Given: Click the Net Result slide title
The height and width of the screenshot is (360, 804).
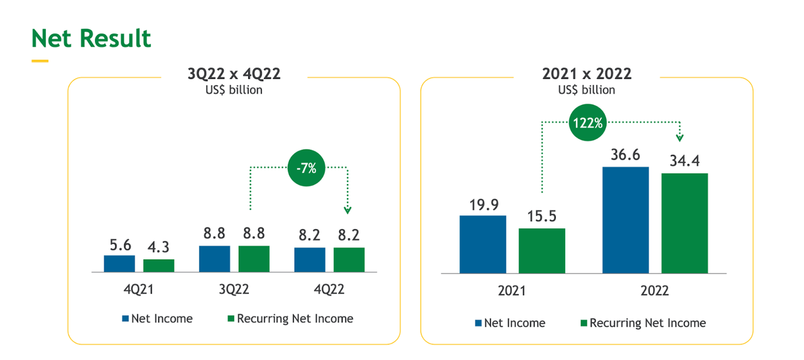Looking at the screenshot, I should point(92,39).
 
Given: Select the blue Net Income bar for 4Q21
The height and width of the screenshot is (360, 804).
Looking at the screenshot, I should point(119,263).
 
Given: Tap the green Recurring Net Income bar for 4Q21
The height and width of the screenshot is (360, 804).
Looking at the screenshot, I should point(159,265).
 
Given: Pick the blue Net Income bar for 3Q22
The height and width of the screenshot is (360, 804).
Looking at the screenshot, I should point(215,258).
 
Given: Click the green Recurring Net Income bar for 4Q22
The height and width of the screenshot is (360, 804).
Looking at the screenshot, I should point(349,259).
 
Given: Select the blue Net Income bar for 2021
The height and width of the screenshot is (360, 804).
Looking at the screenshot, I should point(483,244).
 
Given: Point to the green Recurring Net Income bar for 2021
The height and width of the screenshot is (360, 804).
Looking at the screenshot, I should point(542,250).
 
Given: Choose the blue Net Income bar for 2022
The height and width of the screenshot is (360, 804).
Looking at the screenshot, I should point(626,220).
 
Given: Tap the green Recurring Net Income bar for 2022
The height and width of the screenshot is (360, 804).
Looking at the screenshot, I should point(685,223).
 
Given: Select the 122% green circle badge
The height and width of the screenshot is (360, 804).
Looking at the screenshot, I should point(587,123).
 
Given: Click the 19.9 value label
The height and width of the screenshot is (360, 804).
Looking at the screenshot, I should point(483,204).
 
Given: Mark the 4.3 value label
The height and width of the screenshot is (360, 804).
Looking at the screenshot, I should point(158,248).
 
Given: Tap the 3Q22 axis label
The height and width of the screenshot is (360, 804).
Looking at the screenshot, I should point(233,290).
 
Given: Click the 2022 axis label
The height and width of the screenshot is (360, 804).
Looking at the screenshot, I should point(655,292).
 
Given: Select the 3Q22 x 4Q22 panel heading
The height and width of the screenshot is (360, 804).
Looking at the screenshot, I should point(234,74).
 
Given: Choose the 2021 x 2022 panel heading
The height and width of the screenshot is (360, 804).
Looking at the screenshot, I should point(587,74).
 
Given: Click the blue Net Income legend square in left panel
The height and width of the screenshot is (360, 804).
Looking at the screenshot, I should point(126,319).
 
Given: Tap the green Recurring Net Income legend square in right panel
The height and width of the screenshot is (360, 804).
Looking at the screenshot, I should point(584,323).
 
